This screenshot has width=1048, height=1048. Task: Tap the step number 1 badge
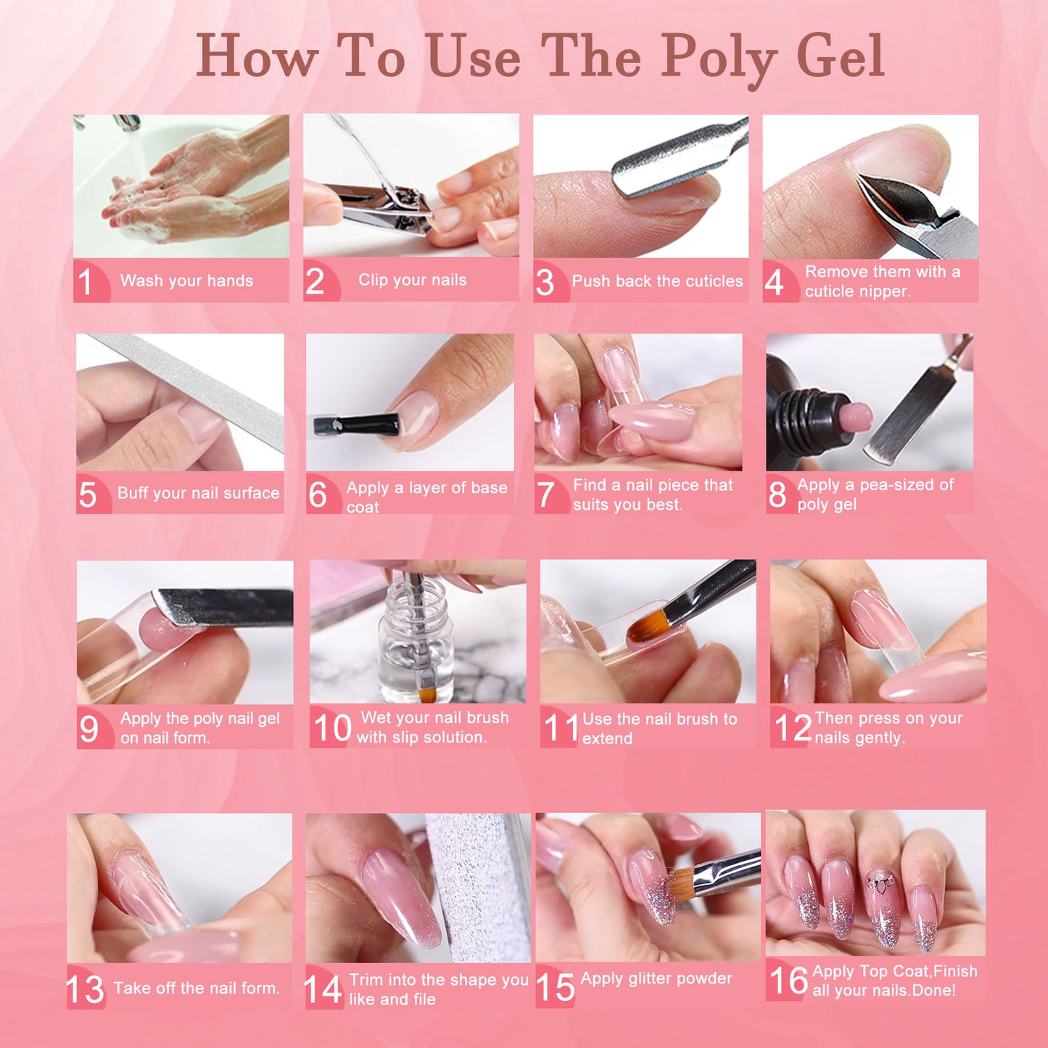(x=86, y=281)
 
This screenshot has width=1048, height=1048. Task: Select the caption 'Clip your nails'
(x=412, y=280)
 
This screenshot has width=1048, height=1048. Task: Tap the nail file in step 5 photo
(x=196, y=384)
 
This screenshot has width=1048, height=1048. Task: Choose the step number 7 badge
(x=545, y=495)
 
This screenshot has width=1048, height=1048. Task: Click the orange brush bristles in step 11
(x=647, y=625)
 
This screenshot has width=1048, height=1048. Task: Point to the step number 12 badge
(x=792, y=727)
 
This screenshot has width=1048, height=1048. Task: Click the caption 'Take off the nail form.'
(x=197, y=988)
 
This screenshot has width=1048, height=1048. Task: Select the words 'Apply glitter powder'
(x=656, y=978)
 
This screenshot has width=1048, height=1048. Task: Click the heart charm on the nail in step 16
(x=880, y=884)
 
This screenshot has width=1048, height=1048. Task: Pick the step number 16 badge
(x=788, y=981)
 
